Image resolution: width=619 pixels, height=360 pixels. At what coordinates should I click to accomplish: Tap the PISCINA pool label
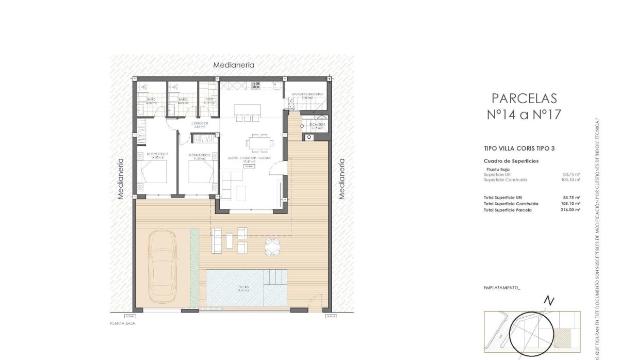(x=243, y=287)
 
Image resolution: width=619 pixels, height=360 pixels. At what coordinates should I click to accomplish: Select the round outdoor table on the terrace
(x=272, y=247)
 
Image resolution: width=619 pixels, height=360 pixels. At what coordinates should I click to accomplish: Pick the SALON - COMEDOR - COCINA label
(x=250, y=158)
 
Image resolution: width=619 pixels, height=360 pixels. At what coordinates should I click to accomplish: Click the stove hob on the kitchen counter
(x=256, y=85)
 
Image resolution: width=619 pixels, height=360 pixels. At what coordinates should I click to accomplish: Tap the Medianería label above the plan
(x=234, y=65)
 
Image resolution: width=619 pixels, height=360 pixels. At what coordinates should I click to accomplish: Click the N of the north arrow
(x=550, y=300)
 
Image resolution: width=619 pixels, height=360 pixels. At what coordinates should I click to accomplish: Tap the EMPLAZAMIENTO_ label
(x=502, y=288)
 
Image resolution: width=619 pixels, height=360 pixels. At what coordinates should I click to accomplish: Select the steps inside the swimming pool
(x=275, y=279)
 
